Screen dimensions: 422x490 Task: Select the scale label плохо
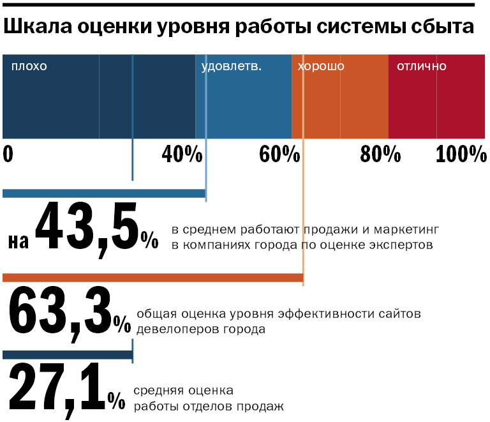29,66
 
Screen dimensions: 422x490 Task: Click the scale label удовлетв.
231,66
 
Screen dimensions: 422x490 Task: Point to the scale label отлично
422,66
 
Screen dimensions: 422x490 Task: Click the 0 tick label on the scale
8,155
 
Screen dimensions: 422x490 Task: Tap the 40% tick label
182,155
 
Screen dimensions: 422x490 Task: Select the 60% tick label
279,155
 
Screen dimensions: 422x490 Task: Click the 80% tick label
380,155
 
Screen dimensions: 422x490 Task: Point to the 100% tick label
461,155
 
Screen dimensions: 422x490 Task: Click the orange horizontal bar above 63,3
153,278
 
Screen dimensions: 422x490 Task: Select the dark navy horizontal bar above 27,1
67,354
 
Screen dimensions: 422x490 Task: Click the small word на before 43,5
19,241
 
